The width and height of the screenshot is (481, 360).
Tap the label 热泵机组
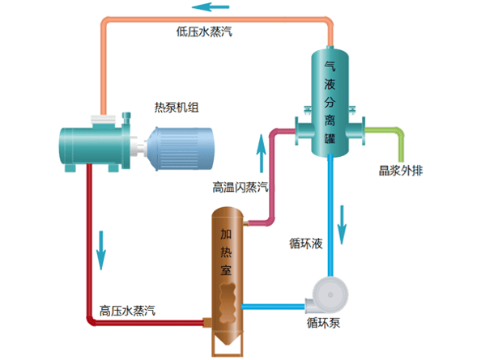(177, 108)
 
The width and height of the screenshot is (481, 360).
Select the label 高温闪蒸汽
(240, 187)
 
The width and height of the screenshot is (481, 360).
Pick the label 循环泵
(323, 323)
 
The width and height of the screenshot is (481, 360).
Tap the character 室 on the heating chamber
(226, 272)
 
